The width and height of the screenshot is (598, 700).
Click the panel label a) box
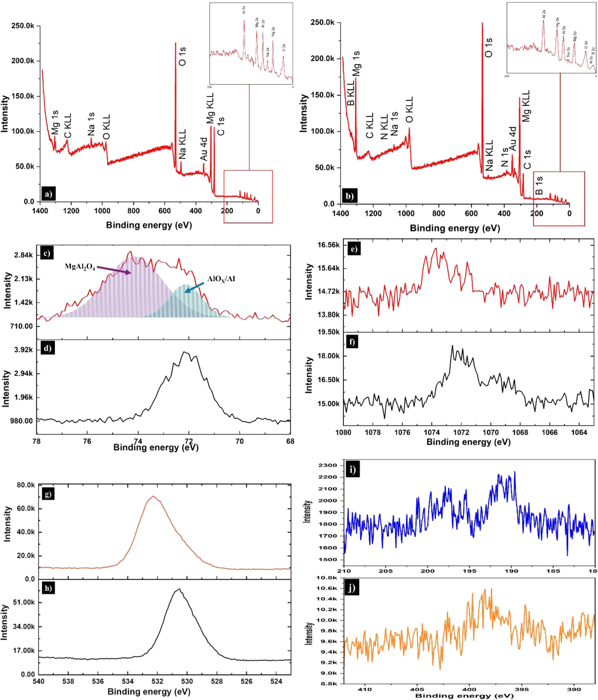pos(48,194)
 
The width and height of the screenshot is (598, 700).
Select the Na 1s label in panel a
pos(91,124)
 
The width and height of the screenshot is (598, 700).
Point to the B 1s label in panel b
pos(539,185)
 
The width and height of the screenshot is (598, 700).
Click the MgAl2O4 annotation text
pos(80,267)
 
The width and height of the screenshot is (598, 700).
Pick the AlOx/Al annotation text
pos(221,279)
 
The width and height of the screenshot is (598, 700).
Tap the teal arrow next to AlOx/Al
pos(194,287)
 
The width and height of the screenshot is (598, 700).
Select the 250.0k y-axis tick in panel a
pos(23,26)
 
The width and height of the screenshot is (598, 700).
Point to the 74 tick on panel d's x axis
pos(138,441)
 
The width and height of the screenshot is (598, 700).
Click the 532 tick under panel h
pos(157,681)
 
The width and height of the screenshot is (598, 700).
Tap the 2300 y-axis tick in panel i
pos(328,465)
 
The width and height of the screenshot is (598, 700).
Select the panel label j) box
pos(352,588)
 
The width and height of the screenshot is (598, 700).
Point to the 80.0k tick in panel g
pos(26,485)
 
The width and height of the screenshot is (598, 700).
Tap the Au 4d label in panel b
pos(512,138)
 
